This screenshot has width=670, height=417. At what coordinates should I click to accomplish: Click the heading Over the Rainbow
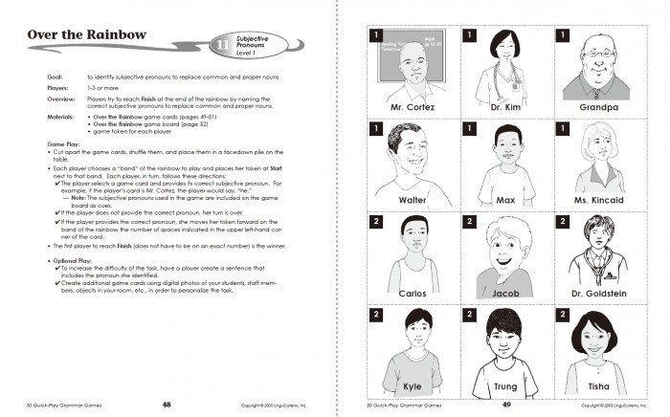87,36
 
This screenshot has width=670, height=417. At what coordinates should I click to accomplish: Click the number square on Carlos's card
376,222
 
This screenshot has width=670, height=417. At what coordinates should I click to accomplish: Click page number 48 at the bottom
167,405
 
